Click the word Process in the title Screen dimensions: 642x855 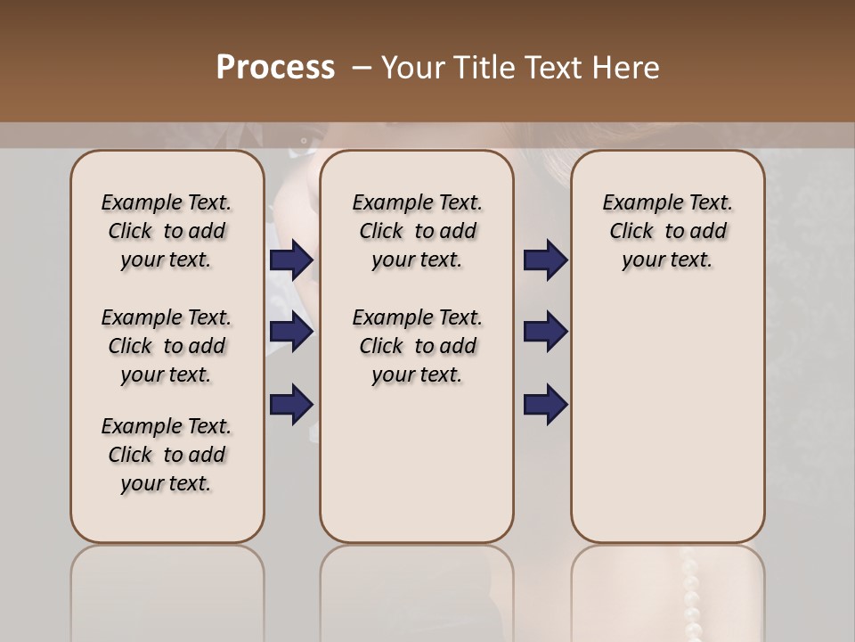tap(275, 68)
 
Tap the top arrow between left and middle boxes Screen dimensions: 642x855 tap(291, 260)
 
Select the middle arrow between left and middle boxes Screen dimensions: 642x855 tap(291, 333)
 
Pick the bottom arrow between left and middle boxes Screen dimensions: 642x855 tap(291, 404)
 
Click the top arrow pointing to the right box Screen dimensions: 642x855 tap(545, 260)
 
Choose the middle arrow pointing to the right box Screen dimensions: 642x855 tap(545, 333)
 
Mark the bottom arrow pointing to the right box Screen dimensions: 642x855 tap(545, 404)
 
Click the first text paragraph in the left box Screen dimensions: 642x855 tap(167, 231)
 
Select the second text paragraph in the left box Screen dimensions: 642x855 tap(167, 346)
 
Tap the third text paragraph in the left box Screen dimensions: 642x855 tap(167, 455)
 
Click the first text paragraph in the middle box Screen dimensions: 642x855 tap(417, 231)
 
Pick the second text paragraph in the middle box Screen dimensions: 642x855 tap(417, 346)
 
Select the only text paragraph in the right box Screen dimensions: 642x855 tap(667, 231)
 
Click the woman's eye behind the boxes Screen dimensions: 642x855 tap(305, 140)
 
